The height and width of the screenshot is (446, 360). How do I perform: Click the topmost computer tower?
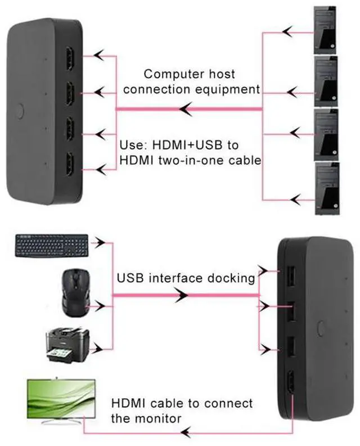[x=326, y=30]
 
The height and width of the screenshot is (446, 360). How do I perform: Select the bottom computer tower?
[x=326, y=189]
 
